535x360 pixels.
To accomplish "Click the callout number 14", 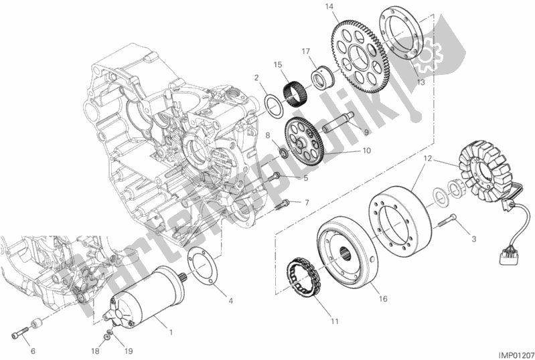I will tap(329, 8).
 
